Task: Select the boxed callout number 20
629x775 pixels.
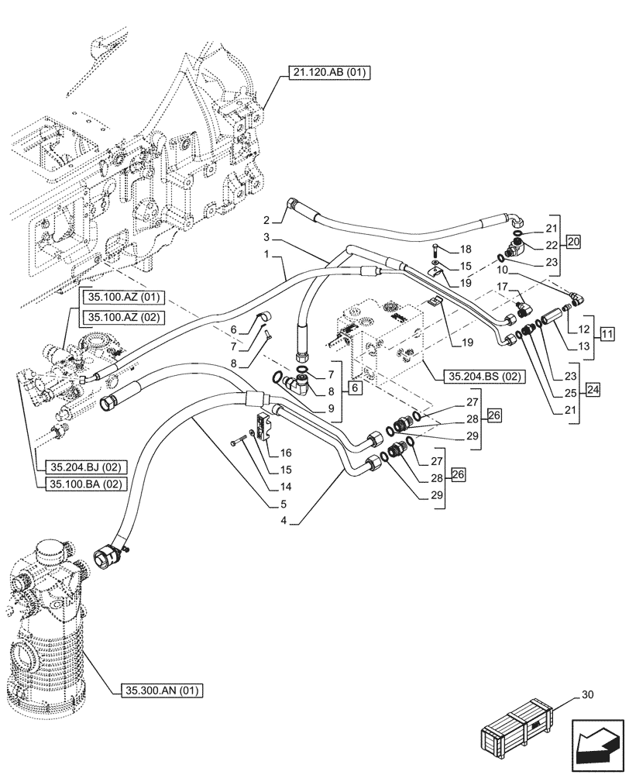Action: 572,242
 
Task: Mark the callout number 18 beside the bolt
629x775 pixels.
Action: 466,250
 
